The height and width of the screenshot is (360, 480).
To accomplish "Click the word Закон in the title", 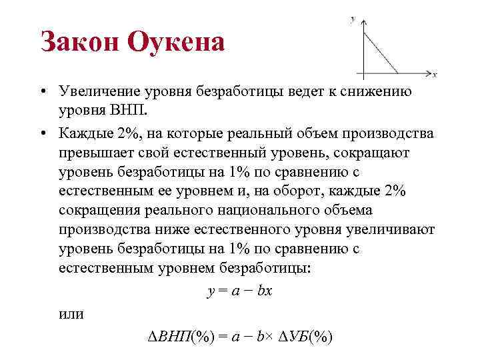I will point(79,43).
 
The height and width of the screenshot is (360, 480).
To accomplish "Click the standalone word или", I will point(71,313).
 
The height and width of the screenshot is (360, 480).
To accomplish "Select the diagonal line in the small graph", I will point(380,50).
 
